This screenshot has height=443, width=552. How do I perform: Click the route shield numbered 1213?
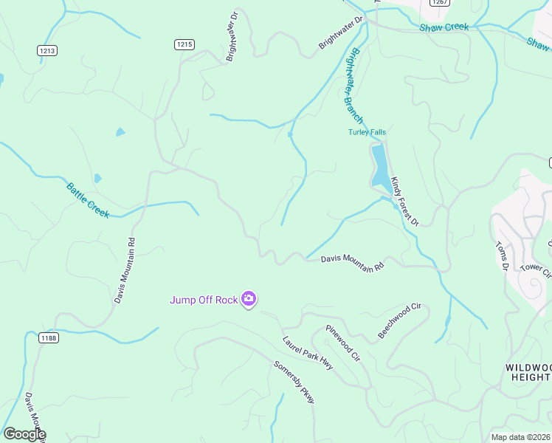(x=47, y=50)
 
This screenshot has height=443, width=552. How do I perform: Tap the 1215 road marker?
(x=184, y=45)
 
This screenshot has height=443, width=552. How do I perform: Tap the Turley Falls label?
(x=367, y=132)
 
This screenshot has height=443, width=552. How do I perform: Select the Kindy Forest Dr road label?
(x=404, y=201)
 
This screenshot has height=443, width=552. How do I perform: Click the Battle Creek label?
(x=88, y=200)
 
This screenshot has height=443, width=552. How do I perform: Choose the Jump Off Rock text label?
(x=204, y=299)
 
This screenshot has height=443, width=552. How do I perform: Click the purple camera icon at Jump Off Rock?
(x=249, y=299)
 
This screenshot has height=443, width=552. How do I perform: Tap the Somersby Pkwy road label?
(x=294, y=382)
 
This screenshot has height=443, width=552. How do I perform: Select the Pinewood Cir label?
(x=342, y=343)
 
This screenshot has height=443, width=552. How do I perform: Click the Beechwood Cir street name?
(x=399, y=320)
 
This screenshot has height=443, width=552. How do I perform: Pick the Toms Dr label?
(x=503, y=256)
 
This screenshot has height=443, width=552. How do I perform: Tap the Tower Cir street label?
(x=537, y=272)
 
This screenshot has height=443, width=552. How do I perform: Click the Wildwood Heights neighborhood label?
(x=528, y=371)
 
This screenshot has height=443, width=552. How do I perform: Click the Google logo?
(x=24, y=434)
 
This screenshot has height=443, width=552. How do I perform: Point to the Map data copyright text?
(x=521, y=437)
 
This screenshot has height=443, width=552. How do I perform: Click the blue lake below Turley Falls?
(x=379, y=166)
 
